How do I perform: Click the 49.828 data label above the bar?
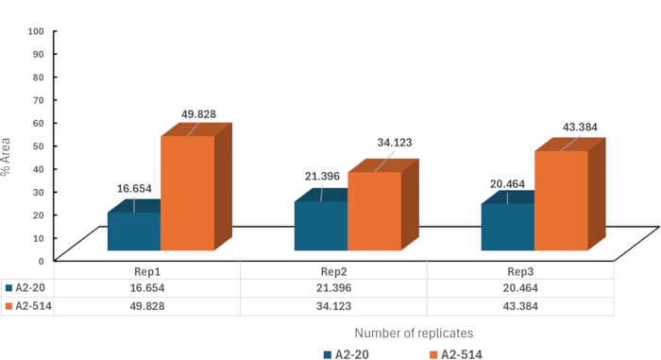(x=198, y=114)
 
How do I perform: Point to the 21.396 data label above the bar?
(x=323, y=176)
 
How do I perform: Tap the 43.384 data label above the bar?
(x=580, y=127)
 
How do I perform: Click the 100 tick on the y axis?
(x=36, y=31)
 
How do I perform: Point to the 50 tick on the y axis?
(x=39, y=146)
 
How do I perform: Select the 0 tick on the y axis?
(x=42, y=261)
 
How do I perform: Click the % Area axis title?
(x=6, y=157)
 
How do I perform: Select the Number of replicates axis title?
(x=414, y=333)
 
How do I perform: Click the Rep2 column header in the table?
(x=333, y=271)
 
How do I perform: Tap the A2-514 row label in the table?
(x=33, y=306)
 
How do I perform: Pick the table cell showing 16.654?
(x=146, y=288)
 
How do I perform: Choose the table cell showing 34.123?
(x=333, y=306)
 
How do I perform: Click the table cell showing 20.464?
(x=520, y=288)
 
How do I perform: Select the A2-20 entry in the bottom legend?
(x=347, y=354)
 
